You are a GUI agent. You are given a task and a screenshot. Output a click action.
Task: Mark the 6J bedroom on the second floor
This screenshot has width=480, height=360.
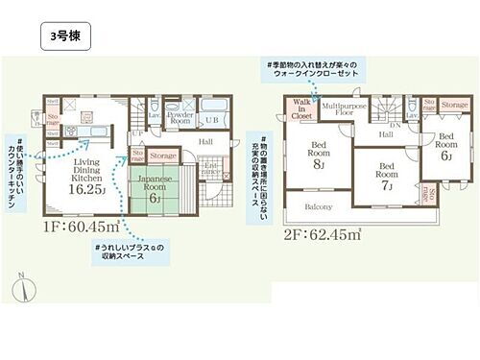click(x=444, y=146)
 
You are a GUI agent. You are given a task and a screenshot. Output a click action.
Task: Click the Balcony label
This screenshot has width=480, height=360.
click(x=320, y=206)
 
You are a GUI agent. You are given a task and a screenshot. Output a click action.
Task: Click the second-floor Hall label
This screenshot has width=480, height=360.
click(x=385, y=135)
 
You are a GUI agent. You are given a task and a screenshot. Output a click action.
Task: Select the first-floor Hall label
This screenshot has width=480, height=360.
click(x=206, y=141)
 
